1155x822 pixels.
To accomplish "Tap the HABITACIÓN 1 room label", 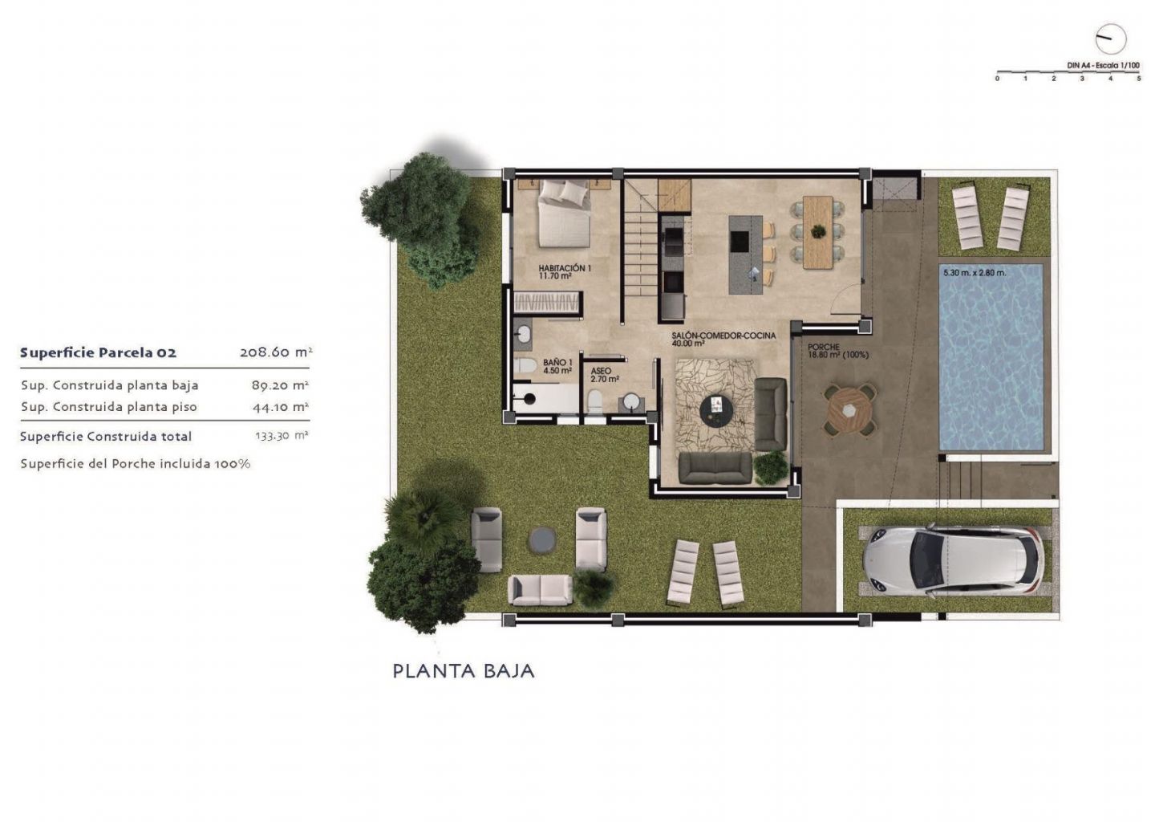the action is pyautogui.click(x=565, y=268).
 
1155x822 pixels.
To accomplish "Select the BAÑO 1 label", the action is pyautogui.click(x=557, y=363).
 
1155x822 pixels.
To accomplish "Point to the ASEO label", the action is pyautogui.click(x=601, y=371).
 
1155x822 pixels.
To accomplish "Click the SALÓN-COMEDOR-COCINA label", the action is pyautogui.click(x=723, y=336).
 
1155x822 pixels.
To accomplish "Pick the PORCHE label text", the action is pyautogui.click(x=824, y=348).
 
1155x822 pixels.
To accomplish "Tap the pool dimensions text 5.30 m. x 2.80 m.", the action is pyautogui.click(x=975, y=273).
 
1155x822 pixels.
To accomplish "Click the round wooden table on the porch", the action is pyautogui.click(x=849, y=411).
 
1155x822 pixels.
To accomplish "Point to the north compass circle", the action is pyautogui.click(x=1111, y=39).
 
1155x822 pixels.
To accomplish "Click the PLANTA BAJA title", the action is pyautogui.click(x=464, y=671).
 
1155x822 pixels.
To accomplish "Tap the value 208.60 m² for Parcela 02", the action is pyautogui.click(x=276, y=352).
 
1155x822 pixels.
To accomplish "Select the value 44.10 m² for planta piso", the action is pyautogui.click(x=281, y=407).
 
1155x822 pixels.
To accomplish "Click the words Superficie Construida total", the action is pyautogui.click(x=106, y=437).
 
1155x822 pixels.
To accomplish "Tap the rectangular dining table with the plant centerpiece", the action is pyautogui.click(x=818, y=232).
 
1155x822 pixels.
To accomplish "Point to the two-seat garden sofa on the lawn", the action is pyautogui.click(x=540, y=590).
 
